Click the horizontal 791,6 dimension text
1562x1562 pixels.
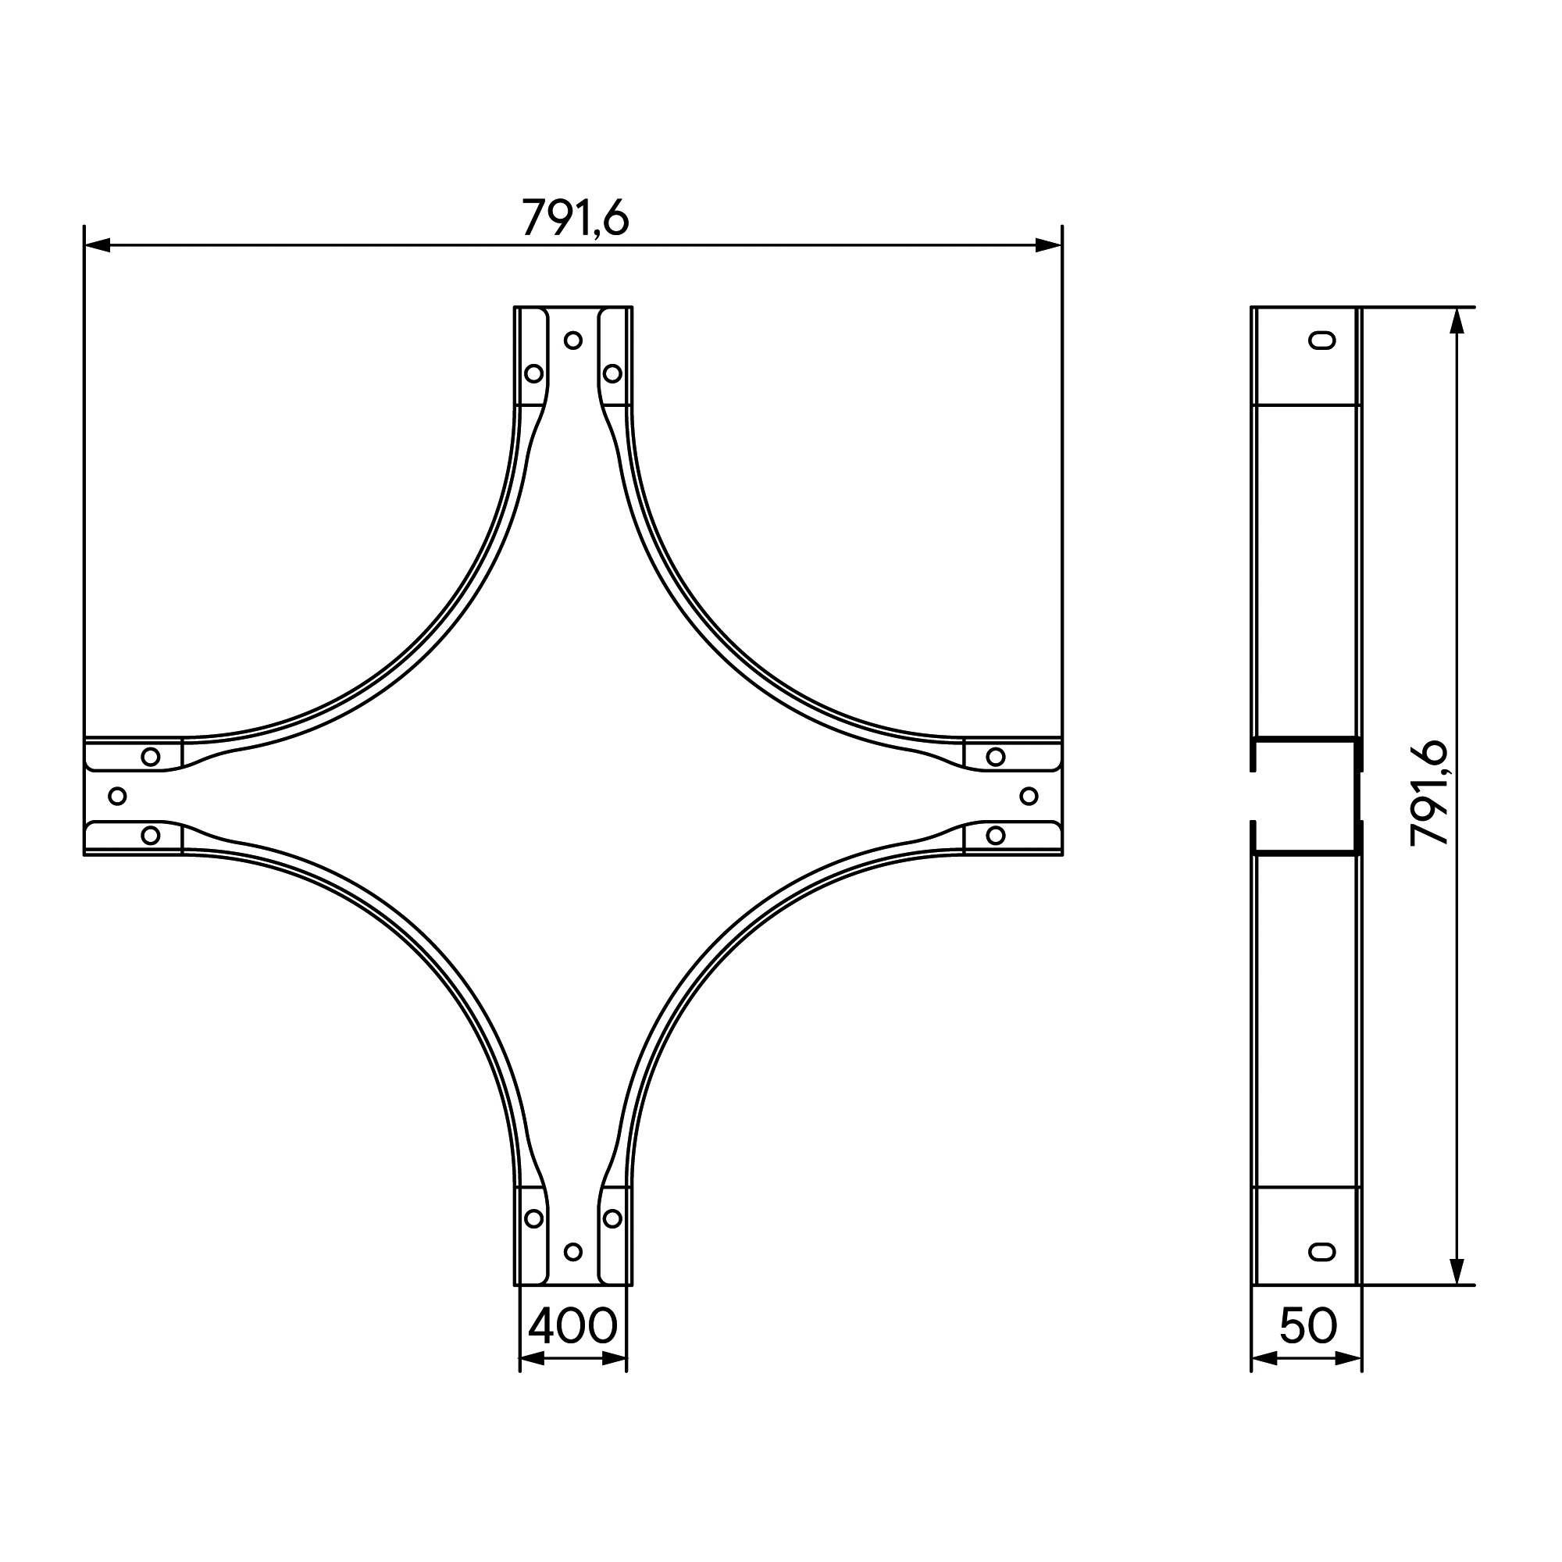pos(575,217)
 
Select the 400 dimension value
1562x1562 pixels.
pos(572,1326)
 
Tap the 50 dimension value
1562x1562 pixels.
pos(1308,1326)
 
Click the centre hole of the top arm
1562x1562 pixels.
pos(573,341)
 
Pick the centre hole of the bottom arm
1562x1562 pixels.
pos(573,1251)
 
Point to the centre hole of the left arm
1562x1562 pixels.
pos(117,797)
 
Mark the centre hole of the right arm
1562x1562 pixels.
pos(1029,797)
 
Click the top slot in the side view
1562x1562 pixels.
pos(1322,341)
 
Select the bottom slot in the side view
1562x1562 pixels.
pos(1322,1251)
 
